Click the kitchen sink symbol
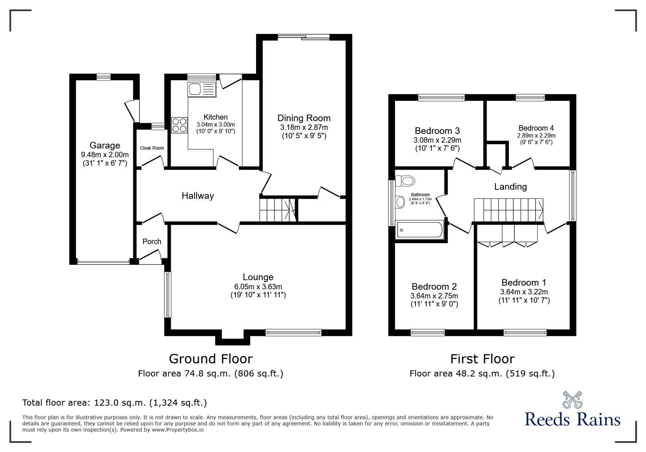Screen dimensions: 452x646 point(202,89)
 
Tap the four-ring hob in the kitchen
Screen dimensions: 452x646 point(178,125)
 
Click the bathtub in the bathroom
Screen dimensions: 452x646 point(419,230)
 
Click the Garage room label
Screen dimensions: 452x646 point(104,146)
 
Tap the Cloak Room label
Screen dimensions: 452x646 point(152,148)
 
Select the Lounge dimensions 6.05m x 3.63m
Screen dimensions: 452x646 point(258,287)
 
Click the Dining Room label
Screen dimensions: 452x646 point(304,118)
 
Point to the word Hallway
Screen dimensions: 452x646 point(198,196)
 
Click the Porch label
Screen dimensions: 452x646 point(152,242)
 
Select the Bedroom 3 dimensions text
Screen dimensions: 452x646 point(437,140)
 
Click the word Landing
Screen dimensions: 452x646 point(510,187)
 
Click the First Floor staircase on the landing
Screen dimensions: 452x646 point(508,210)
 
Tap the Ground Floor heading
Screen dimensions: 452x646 point(210,359)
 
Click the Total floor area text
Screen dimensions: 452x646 point(115,403)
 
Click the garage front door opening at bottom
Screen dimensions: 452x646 point(104,262)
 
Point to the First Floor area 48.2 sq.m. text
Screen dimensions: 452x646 point(482,374)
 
